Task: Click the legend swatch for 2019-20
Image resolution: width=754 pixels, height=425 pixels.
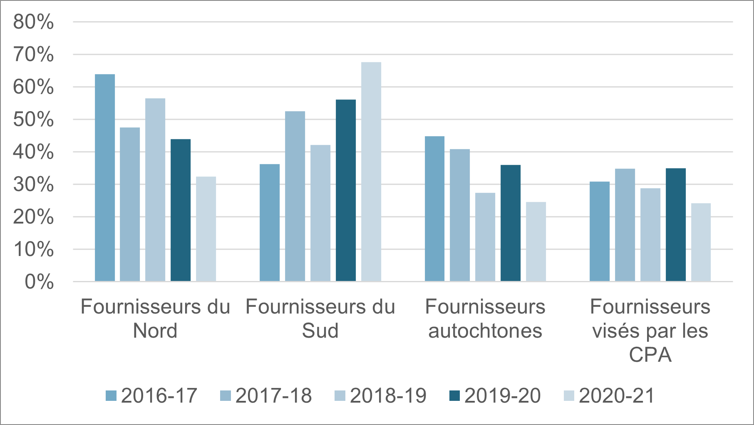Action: tap(455, 395)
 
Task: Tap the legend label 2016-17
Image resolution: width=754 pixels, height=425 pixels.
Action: tap(159, 395)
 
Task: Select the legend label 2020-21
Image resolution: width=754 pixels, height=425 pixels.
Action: tap(617, 395)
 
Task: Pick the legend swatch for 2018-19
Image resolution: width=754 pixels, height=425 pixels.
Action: tap(340, 395)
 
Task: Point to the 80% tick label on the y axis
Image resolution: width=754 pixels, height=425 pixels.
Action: tap(33, 22)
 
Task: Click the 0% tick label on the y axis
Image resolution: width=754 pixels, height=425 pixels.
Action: tap(39, 282)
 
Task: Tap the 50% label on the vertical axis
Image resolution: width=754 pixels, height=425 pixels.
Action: tap(33, 119)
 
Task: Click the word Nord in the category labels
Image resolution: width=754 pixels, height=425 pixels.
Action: tap(155, 331)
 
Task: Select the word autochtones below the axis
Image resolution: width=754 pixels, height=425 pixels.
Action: tap(485, 331)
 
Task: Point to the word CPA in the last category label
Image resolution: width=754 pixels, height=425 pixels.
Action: tap(650, 355)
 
